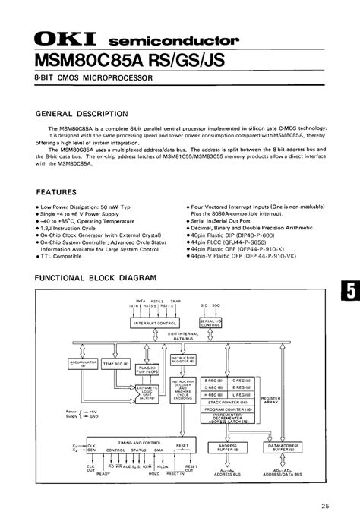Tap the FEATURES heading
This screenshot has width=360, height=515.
click(x=56, y=193)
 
